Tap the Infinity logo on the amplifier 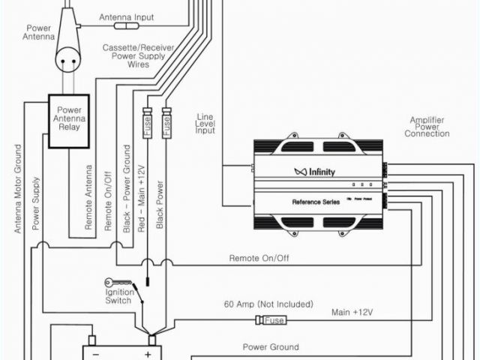pos(314,172)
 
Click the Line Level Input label pos(205,124)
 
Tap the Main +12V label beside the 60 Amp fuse pos(352,311)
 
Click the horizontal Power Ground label pos(270,347)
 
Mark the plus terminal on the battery pos(148,354)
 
